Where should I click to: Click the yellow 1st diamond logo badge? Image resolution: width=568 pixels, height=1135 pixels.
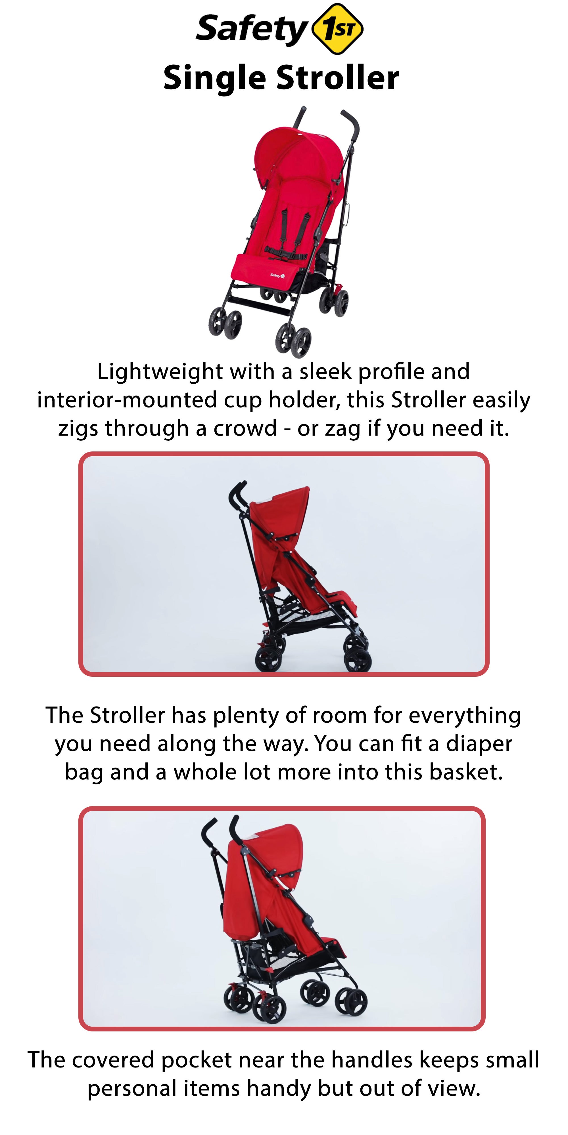point(337,29)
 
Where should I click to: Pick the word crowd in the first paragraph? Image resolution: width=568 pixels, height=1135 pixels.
point(245,428)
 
